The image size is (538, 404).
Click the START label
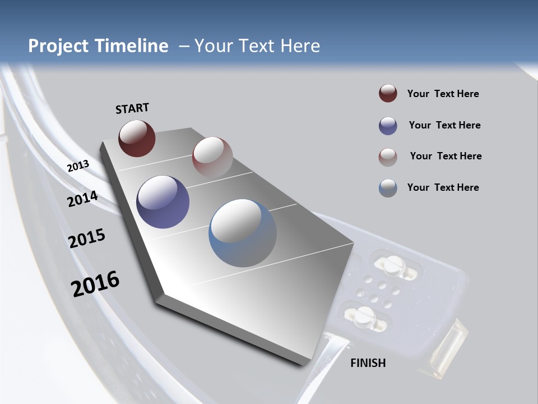pyautogui.click(x=132, y=108)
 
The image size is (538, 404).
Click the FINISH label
pyautogui.click(x=368, y=363)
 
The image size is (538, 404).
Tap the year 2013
pyautogui.click(x=78, y=166)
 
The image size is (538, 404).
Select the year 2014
pyautogui.click(x=82, y=199)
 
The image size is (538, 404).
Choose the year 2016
pyautogui.click(x=95, y=284)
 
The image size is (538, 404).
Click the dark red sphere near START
pyautogui.click(x=137, y=138)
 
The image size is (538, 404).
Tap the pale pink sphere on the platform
pyautogui.click(x=212, y=157)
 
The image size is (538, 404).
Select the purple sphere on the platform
pyautogui.click(x=163, y=202)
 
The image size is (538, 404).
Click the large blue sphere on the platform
pyautogui.click(x=243, y=233)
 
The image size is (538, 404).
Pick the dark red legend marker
pyautogui.click(x=388, y=93)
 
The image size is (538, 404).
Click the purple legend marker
pyautogui.click(x=388, y=126)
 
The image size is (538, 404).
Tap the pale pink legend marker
pyautogui.click(x=388, y=157)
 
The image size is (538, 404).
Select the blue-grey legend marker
pyautogui.click(x=388, y=188)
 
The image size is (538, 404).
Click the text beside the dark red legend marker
pyautogui.click(x=443, y=94)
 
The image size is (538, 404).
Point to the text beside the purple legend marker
pyautogui.click(x=444, y=125)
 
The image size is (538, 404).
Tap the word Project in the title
pyautogui.click(x=58, y=46)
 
